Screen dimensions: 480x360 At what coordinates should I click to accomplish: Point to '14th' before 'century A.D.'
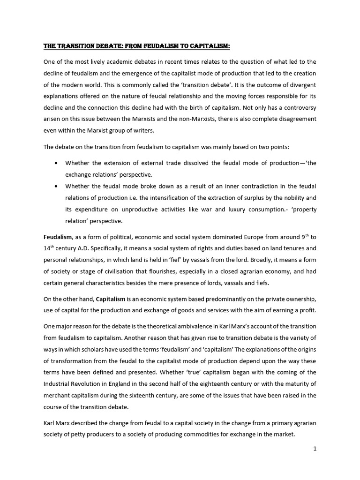50,248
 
